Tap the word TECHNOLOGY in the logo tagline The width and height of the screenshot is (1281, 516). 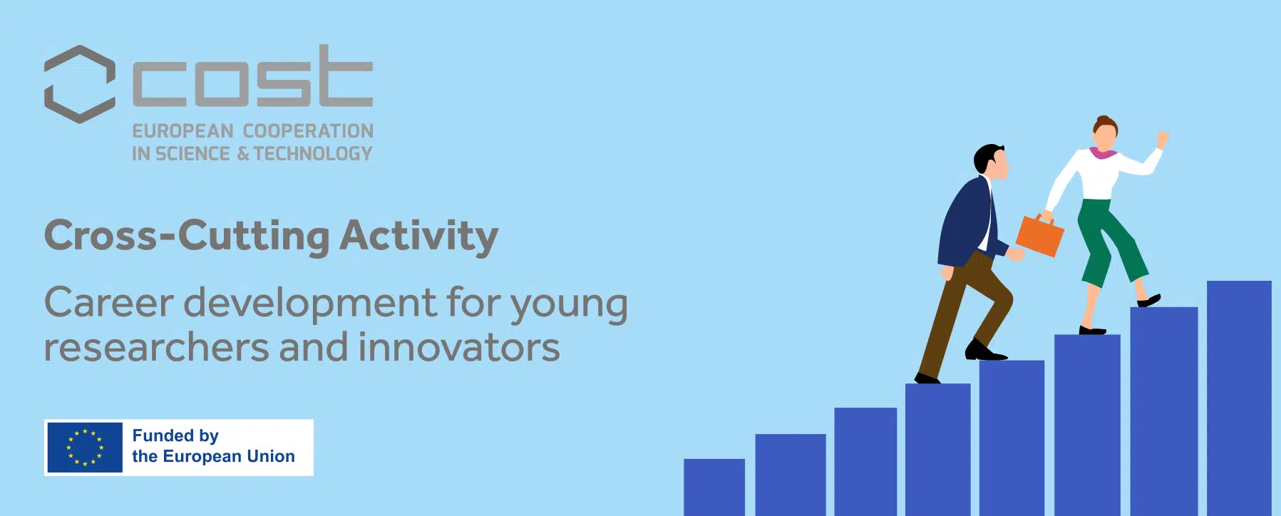coord(313,154)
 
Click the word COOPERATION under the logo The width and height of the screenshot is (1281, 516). coord(308,131)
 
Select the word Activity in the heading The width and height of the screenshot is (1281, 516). coord(418,236)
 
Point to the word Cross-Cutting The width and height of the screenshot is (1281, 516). coord(187,236)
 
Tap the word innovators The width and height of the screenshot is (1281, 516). coord(459,348)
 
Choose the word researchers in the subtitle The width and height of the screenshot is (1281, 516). coord(156,348)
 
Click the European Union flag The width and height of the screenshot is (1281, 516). coord(85,448)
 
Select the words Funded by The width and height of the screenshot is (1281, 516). coord(175,435)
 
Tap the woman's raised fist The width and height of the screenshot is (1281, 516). coord(1162,138)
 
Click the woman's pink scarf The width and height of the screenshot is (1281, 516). coord(1103,153)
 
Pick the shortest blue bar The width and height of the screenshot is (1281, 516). coord(714,487)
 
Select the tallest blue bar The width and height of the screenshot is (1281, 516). coord(1239,398)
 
